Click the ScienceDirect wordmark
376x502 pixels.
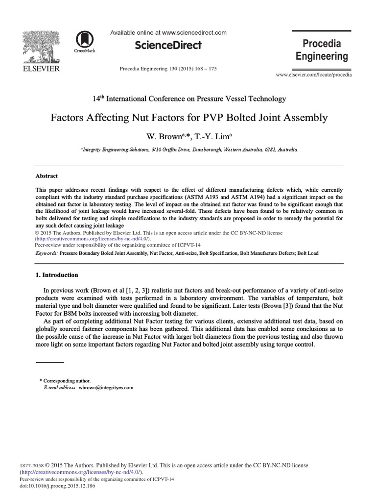(168, 46)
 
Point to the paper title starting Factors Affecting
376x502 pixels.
(189, 118)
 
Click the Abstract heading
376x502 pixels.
(47, 176)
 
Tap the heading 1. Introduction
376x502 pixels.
(57, 275)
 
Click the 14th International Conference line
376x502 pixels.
(189, 99)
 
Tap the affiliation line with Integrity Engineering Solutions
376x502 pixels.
(189, 150)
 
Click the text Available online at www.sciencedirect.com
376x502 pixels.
(168, 33)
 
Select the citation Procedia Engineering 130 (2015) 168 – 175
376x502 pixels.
(168, 69)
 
